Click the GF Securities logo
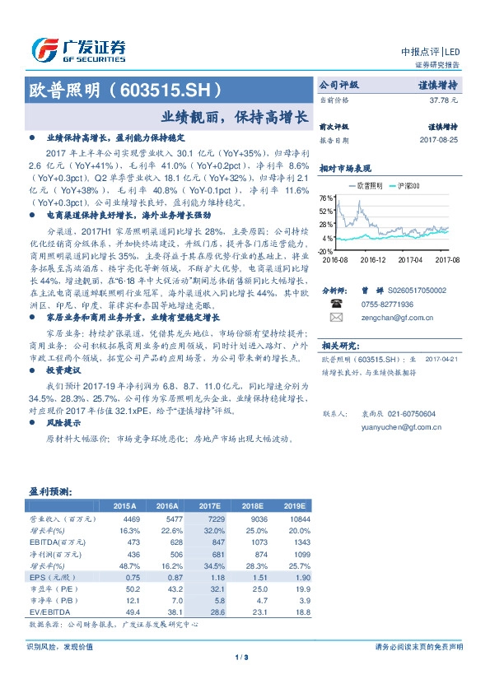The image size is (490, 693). (x=79, y=49)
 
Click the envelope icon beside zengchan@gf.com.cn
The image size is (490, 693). (x=335, y=317)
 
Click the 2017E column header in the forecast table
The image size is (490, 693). (x=212, y=506)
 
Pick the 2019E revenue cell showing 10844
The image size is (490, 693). (x=298, y=519)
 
